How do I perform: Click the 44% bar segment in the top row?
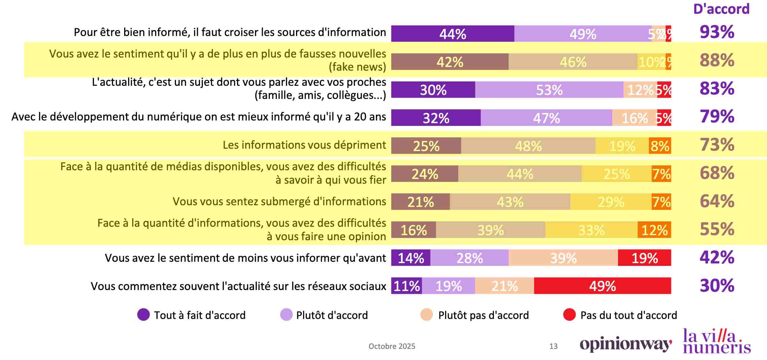click(452, 34)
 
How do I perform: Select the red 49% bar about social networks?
click(602, 286)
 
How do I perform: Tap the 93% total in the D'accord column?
click(717, 32)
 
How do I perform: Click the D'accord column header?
click(721, 9)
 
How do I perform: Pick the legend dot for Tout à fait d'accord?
click(143, 315)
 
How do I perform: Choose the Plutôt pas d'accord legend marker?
click(427, 315)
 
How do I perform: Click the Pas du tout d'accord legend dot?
click(569, 315)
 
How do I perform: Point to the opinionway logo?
click(626, 345)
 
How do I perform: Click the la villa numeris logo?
click(717, 341)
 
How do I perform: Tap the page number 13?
click(553, 346)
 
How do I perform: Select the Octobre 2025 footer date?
click(392, 346)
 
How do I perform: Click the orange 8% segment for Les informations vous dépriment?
click(660, 146)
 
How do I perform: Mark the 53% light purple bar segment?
click(549, 90)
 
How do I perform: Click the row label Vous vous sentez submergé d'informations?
click(279, 201)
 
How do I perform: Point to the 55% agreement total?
click(717, 229)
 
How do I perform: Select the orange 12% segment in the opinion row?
click(654, 230)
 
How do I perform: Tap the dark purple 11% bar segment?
click(406, 286)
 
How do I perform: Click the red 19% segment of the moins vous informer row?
click(644, 258)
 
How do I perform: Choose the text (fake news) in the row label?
click(357, 67)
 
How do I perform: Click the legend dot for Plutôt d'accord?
click(286, 315)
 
